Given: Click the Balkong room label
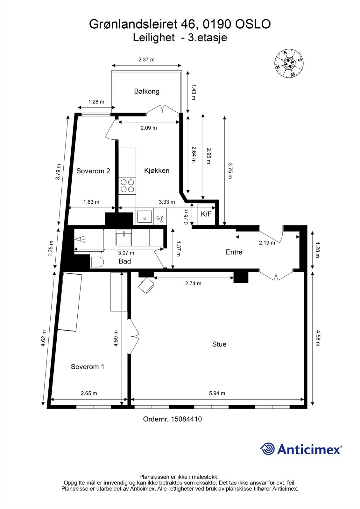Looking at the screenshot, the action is [147, 91].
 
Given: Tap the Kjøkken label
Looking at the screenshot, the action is [157, 171].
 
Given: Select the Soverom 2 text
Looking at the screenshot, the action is [93, 171].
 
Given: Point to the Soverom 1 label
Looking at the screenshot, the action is [87, 366].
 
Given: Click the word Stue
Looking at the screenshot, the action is [219, 344].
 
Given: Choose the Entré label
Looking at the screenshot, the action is [234, 252].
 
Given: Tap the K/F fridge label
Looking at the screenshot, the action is [206, 214].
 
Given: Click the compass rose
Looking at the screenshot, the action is [289, 63].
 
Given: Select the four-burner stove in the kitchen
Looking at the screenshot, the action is [127, 186].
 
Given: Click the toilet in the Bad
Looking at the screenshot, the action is [97, 262].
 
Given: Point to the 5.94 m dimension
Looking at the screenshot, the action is [217, 393].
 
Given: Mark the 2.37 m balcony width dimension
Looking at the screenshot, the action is [146, 59].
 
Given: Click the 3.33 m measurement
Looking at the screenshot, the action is [167, 202].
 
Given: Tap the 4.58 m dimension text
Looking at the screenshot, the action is [318, 338].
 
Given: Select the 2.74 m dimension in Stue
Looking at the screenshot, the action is [193, 283].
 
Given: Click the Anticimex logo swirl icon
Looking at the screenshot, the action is [267, 449].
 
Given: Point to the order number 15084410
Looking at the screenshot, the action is [186, 419].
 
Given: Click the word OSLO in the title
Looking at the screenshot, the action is [253, 24].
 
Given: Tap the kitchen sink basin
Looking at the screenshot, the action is [145, 217].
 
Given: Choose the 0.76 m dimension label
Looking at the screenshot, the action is [186, 216].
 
